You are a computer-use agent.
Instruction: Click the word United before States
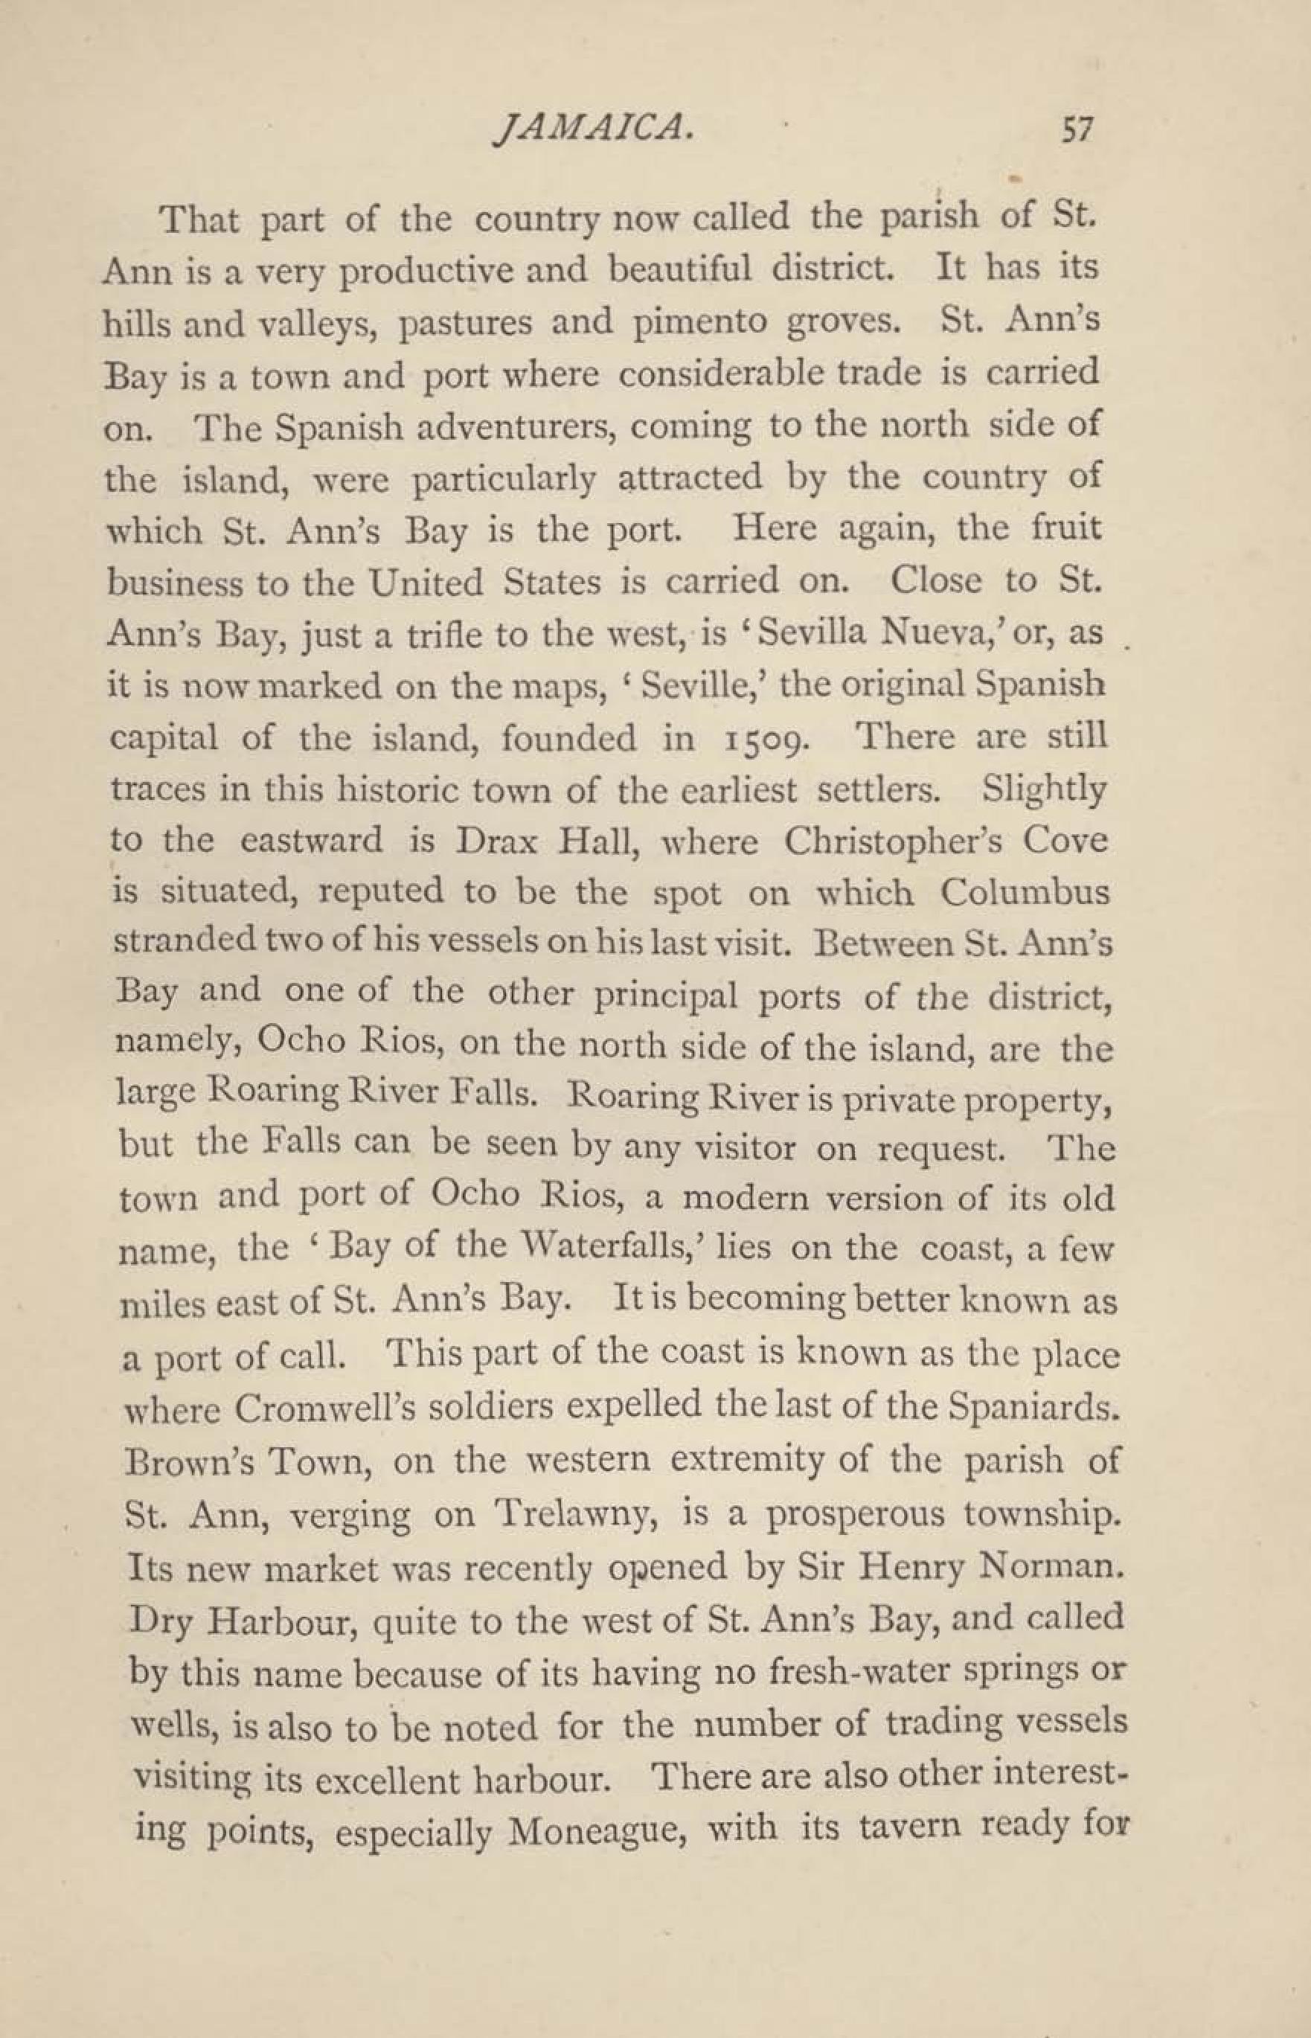pyautogui.click(x=426, y=583)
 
